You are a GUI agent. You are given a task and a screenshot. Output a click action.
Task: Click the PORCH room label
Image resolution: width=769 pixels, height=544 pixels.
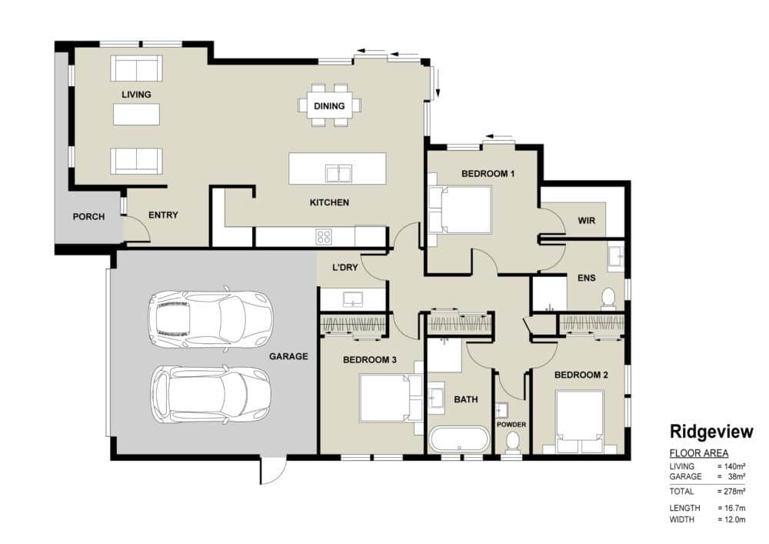[x=88, y=216]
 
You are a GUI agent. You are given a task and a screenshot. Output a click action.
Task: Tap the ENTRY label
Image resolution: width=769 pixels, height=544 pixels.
[x=163, y=215]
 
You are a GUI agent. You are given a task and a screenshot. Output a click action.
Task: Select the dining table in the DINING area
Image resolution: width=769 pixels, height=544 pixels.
[x=330, y=105]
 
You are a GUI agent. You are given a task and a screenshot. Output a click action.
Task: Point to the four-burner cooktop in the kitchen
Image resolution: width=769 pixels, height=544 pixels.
[x=324, y=237]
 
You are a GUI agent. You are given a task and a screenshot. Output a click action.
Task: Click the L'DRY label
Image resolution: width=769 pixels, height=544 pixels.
[x=345, y=267]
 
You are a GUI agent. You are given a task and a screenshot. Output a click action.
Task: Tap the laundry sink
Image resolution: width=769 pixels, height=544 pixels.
[x=353, y=299]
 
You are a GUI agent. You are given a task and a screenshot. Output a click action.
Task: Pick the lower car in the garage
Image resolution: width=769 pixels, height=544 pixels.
[x=211, y=394]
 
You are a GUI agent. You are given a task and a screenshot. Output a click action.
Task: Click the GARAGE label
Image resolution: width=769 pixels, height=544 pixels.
[x=288, y=356]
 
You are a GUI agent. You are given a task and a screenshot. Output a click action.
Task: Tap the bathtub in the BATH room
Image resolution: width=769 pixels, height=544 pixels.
[x=460, y=439]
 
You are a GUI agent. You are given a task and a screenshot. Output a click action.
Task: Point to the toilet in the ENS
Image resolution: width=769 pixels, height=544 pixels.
[x=608, y=298]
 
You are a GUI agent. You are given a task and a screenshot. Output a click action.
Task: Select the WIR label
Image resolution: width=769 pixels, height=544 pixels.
[x=587, y=220]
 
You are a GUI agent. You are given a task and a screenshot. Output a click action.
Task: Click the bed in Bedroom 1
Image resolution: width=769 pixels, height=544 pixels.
[x=460, y=209]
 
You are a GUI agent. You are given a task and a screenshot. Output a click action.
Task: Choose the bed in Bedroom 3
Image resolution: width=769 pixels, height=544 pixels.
[x=391, y=397]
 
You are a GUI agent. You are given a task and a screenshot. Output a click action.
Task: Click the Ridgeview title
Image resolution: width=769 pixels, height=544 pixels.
[x=711, y=432]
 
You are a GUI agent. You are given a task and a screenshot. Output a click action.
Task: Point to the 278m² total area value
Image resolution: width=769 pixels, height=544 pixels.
[x=734, y=491]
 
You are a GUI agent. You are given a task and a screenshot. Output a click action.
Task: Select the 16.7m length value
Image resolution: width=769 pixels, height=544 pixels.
[x=734, y=508]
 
